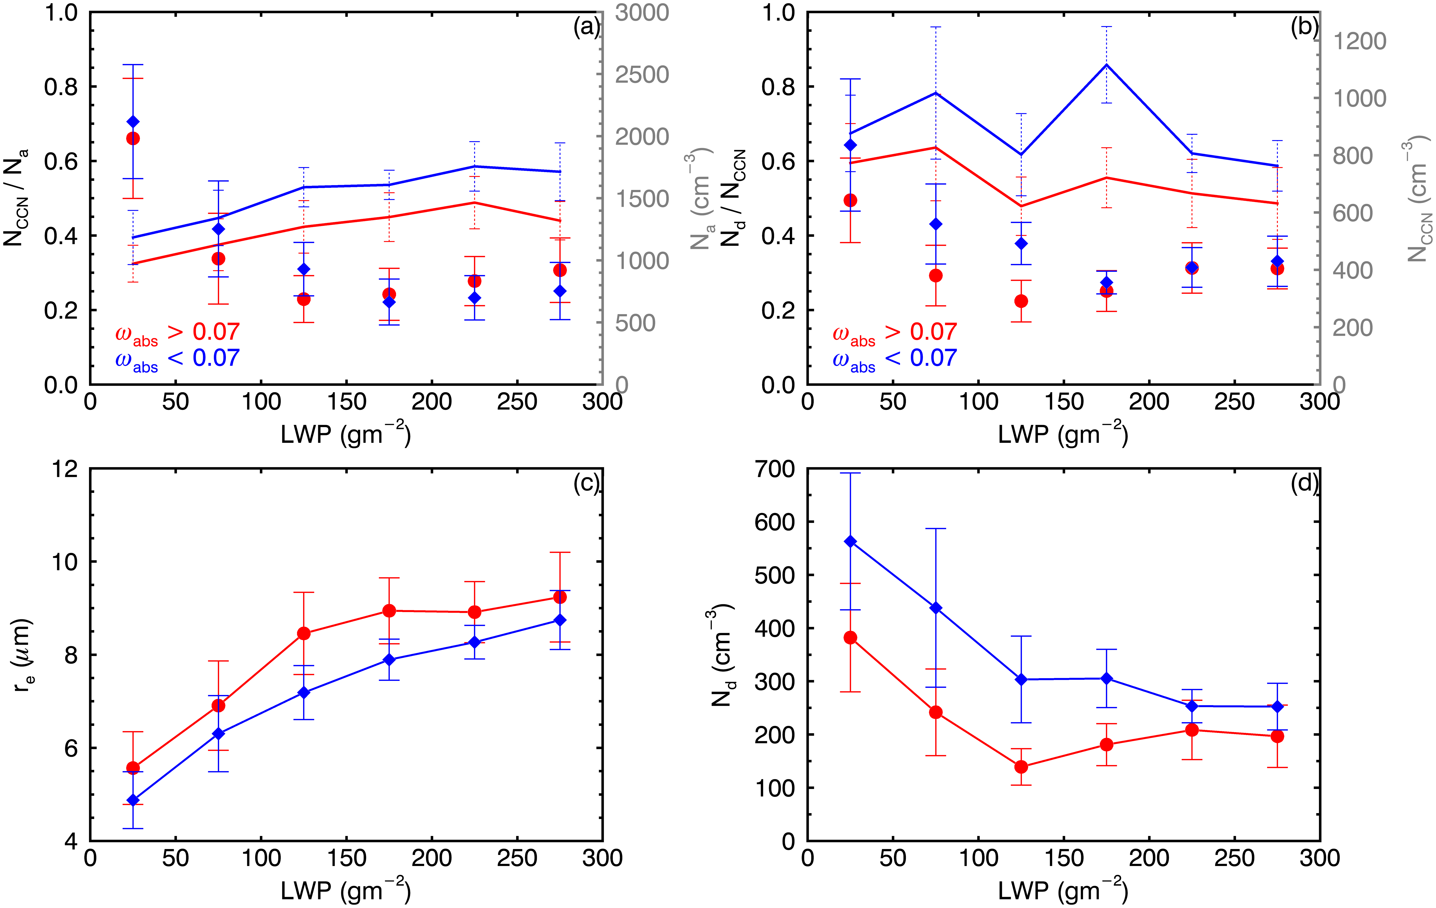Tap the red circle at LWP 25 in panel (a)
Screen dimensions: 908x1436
133,138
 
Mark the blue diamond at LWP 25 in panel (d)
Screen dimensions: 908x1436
850,541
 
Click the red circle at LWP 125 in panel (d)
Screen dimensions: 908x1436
1021,767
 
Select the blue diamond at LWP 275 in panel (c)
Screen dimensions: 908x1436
559,621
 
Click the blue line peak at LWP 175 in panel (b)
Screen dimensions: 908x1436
1106,64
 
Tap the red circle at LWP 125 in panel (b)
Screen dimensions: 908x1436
1021,301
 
